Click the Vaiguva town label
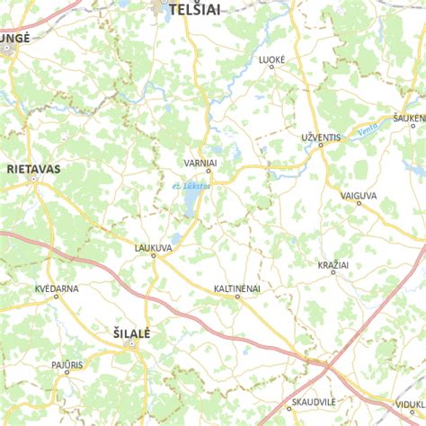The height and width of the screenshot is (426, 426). coord(359,194)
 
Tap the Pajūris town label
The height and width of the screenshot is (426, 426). coord(67,365)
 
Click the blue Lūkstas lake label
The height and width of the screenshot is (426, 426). coord(191,185)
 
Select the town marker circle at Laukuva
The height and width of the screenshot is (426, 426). coord(154,255)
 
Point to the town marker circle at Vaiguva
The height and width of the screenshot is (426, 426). coord(359,203)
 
